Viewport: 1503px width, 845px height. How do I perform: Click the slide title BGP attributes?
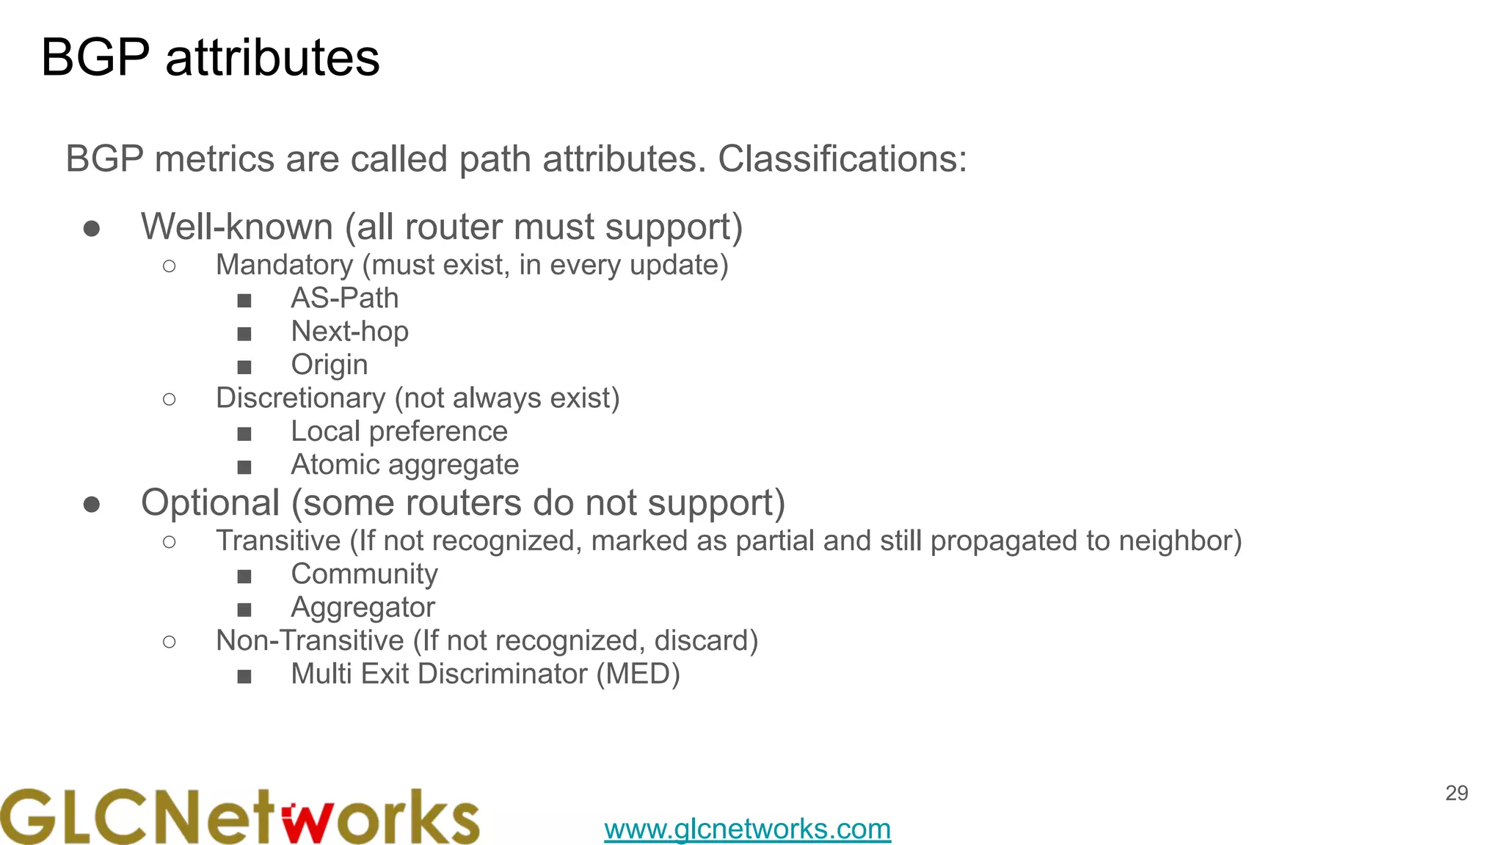click(211, 58)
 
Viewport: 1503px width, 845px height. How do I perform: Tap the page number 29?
click(1456, 793)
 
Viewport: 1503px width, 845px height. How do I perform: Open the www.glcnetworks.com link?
click(747, 829)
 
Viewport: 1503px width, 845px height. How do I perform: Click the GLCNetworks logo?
click(239, 816)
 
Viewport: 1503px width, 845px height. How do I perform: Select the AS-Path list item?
click(345, 299)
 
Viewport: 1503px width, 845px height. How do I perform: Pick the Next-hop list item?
click(349, 332)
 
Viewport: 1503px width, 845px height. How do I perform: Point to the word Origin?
click(330, 365)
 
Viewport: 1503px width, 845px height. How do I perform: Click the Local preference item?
click(399, 431)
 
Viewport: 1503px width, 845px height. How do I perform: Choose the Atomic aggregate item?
click(405, 465)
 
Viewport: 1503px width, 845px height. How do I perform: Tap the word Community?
click(364, 574)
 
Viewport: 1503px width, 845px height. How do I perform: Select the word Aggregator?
click(363, 607)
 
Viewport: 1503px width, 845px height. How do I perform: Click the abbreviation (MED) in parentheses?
click(638, 674)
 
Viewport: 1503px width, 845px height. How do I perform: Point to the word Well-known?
click(237, 227)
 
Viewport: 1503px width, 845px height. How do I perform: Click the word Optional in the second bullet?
click(210, 503)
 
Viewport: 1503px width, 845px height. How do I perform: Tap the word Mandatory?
click(285, 265)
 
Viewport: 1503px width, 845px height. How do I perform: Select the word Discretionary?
click(300, 398)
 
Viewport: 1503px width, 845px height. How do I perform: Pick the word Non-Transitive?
click(310, 641)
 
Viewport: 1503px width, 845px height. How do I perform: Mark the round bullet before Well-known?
click(92, 229)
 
